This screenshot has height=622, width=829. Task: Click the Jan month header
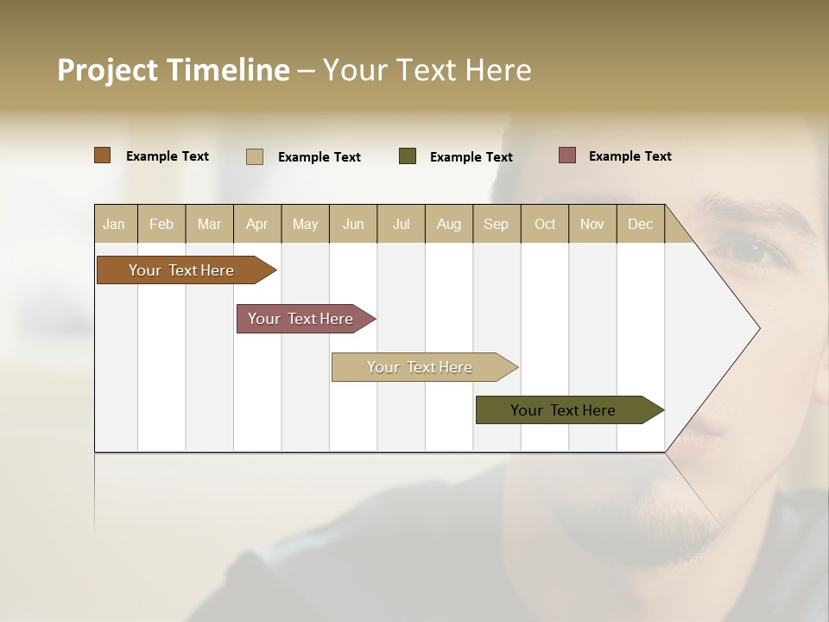click(x=114, y=224)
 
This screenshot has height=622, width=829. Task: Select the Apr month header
click(x=256, y=224)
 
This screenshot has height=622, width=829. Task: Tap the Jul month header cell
click(x=401, y=224)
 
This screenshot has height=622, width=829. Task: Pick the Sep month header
click(x=496, y=224)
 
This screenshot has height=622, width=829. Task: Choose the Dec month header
click(x=640, y=224)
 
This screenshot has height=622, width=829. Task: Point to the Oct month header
click(x=544, y=224)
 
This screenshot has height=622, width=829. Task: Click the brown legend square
click(x=102, y=155)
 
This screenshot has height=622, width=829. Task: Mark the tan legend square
click(x=254, y=156)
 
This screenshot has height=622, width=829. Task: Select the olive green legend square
click(x=408, y=156)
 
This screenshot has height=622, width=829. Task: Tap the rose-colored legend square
click(x=566, y=155)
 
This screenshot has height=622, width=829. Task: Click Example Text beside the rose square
click(x=630, y=155)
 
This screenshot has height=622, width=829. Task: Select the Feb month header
click(x=161, y=224)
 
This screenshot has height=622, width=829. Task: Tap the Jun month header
click(x=352, y=224)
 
